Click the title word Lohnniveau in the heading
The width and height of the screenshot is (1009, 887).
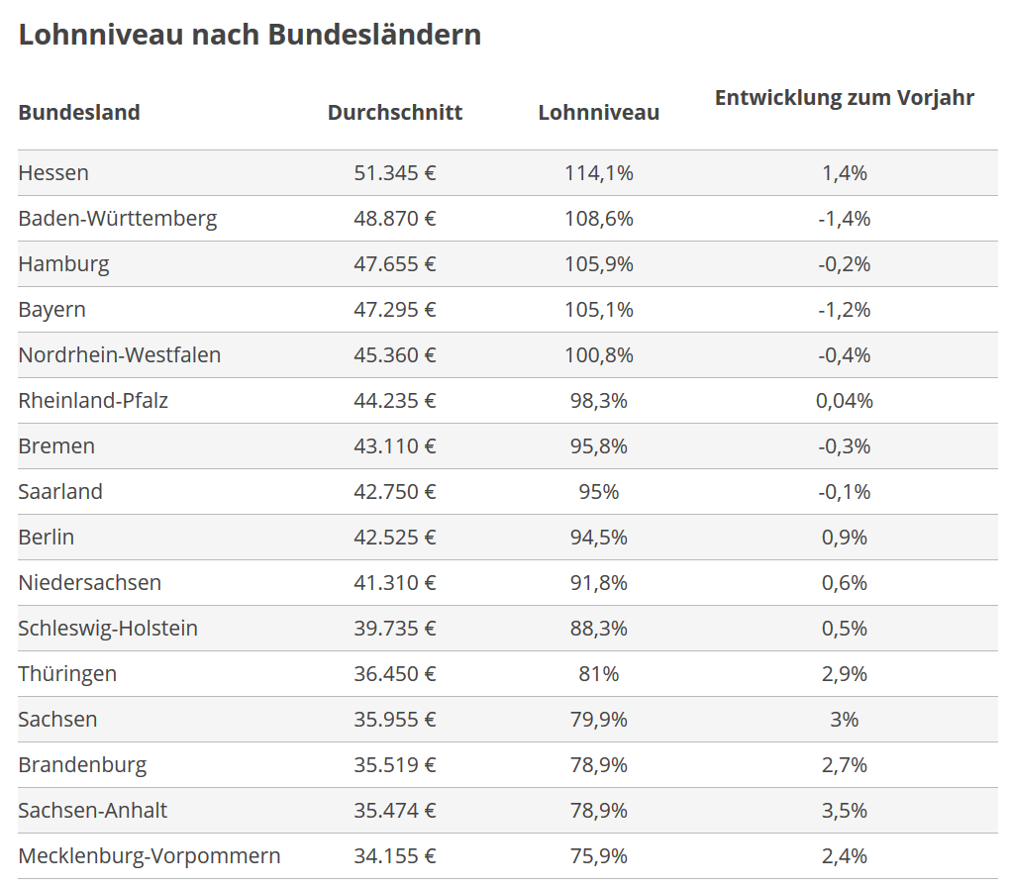pos(98,35)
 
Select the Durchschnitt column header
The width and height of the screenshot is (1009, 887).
pos(395,112)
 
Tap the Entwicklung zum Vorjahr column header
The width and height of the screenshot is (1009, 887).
pos(844,98)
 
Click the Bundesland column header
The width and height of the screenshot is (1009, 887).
pos(79,112)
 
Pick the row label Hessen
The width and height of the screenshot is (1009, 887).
pos(53,173)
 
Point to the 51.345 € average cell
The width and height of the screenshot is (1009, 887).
pos(395,173)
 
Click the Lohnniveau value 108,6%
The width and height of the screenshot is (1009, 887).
pos(598,219)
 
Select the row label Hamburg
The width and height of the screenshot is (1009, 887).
pos(63,264)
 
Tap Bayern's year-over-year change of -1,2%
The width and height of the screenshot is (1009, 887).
pos(844,310)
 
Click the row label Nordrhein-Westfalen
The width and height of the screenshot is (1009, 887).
pos(119,355)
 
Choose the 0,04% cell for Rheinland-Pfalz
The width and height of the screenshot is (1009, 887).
pos(844,401)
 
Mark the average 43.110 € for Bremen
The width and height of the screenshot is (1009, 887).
pos(395,446)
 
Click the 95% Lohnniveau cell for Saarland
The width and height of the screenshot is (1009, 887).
pos(598,492)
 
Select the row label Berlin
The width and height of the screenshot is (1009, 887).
pos(47,538)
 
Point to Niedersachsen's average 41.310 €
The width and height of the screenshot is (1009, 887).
pos(395,583)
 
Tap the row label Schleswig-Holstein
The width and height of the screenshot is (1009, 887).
pos(108,629)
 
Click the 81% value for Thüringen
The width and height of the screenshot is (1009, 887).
pos(598,674)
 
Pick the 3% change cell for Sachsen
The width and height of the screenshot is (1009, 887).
pos(844,720)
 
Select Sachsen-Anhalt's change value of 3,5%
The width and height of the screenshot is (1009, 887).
pos(844,811)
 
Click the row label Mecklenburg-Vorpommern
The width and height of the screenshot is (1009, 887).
pos(150,856)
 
